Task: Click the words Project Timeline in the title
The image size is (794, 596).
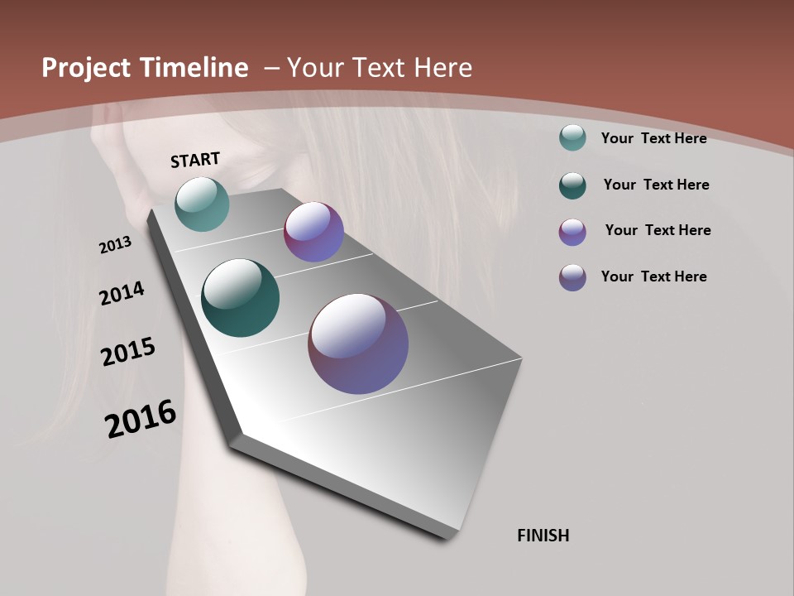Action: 145,68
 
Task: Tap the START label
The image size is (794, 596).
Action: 195,160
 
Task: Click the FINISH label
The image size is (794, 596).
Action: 543,536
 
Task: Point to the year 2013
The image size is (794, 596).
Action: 115,245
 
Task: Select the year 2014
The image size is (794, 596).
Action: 122,293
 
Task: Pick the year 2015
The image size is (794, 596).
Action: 128,352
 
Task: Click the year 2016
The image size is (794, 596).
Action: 141,418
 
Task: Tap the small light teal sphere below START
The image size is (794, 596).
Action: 202,204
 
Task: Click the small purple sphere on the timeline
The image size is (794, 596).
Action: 313,232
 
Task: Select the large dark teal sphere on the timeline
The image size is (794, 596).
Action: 240,298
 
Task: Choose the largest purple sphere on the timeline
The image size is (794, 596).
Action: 358,344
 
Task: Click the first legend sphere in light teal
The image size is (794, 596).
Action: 572,138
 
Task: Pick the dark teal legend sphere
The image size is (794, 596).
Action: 572,185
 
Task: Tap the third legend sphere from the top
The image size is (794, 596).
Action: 572,232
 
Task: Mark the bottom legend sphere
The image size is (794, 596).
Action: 572,277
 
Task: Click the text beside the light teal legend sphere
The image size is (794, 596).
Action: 653,138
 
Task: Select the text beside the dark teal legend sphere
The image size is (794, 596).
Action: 656,185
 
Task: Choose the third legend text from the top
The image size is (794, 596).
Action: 658,230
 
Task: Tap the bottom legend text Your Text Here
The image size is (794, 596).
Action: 653,276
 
